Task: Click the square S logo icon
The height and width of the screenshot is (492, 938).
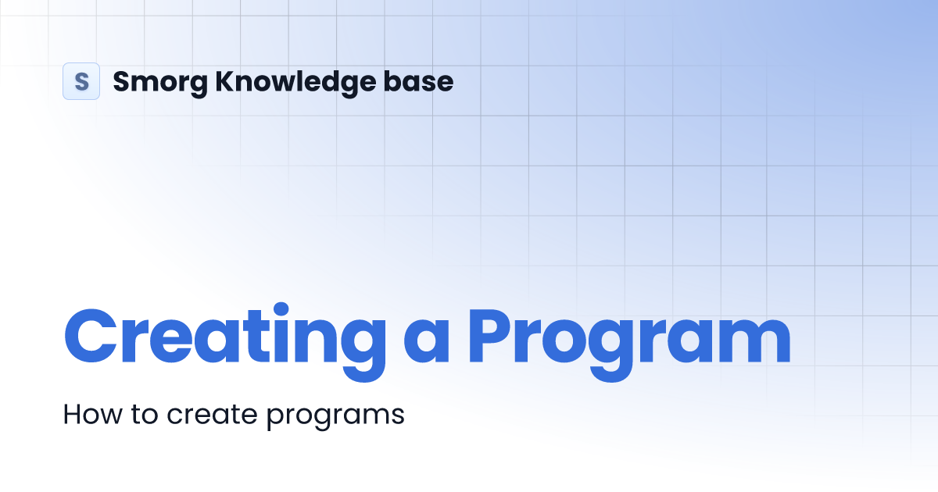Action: [81, 81]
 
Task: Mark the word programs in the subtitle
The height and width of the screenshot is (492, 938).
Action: [335, 416]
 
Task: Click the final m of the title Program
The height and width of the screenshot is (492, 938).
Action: [751, 344]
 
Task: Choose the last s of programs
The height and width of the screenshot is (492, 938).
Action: [398, 416]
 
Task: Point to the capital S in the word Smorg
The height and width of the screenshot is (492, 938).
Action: [122, 81]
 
